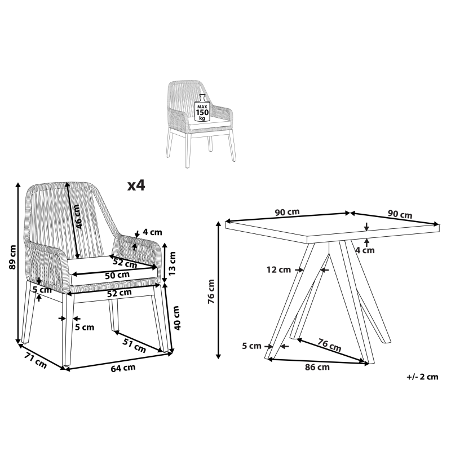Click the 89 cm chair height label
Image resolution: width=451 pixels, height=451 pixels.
pyautogui.click(x=12, y=257)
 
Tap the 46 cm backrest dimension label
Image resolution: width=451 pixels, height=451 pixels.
pyautogui.click(x=78, y=216)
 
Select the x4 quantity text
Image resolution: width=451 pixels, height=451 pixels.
pyautogui.click(x=136, y=185)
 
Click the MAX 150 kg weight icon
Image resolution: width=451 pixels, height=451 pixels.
pyautogui.click(x=202, y=108)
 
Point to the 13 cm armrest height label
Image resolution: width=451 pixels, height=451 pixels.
pyautogui.click(x=172, y=263)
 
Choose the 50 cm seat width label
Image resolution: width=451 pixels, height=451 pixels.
pyautogui.click(x=117, y=275)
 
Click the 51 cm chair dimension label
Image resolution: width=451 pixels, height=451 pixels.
pyautogui.click(x=134, y=345)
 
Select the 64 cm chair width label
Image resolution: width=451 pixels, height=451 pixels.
pyautogui.click(x=123, y=368)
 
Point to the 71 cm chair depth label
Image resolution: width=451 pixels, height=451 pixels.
pyautogui.click(x=35, y=360)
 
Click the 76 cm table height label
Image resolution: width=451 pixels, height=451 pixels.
pyautogui.click(x=211, y=291)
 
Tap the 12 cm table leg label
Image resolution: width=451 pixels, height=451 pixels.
pyautogui.click(x=278, y=269)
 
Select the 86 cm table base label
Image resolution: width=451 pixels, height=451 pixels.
pyautogui.click(x=317, y=367)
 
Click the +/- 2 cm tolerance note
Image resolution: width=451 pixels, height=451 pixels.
pyautogui.click(x=422, y=377)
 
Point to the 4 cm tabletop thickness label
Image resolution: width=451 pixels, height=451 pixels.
pyautogui.click(x=365, y=250)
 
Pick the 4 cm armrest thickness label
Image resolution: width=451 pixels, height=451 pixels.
pyautogui.click(x=152, y=232)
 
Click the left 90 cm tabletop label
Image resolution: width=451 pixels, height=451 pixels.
pyautogui.click(x=288, y=212)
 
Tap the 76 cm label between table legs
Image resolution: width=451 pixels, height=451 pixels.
pyautogui.click(x=329, y=345)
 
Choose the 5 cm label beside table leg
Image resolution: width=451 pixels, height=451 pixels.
pyautogui.click(x=251, y=346)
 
